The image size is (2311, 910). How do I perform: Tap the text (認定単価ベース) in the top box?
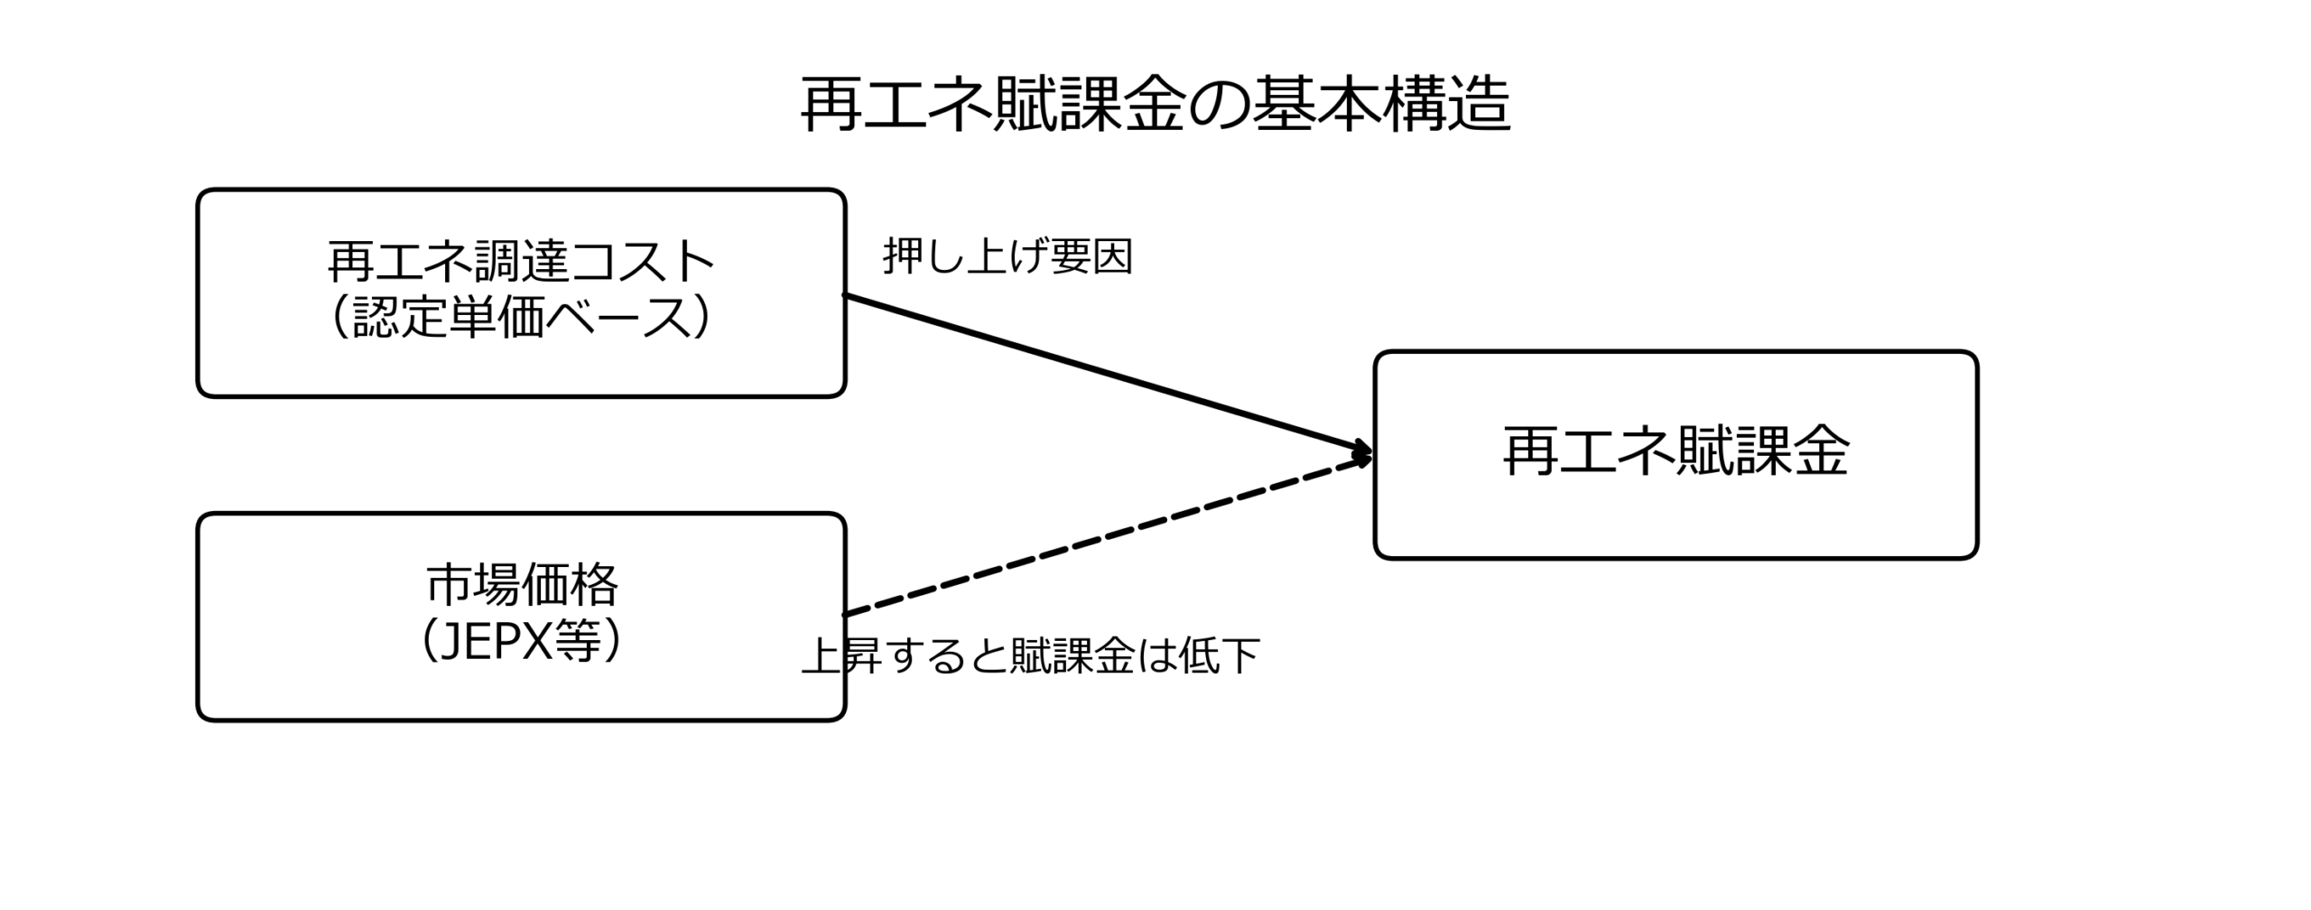521,317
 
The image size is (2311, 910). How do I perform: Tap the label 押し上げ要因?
1007,257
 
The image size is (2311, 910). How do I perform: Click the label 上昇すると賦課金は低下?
1031,655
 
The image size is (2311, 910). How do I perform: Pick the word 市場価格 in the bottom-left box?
522,585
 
